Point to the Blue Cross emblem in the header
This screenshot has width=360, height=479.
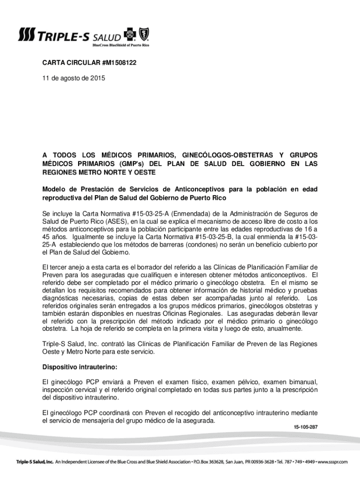point(131,35)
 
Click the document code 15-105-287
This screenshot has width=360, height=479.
point(306,428)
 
